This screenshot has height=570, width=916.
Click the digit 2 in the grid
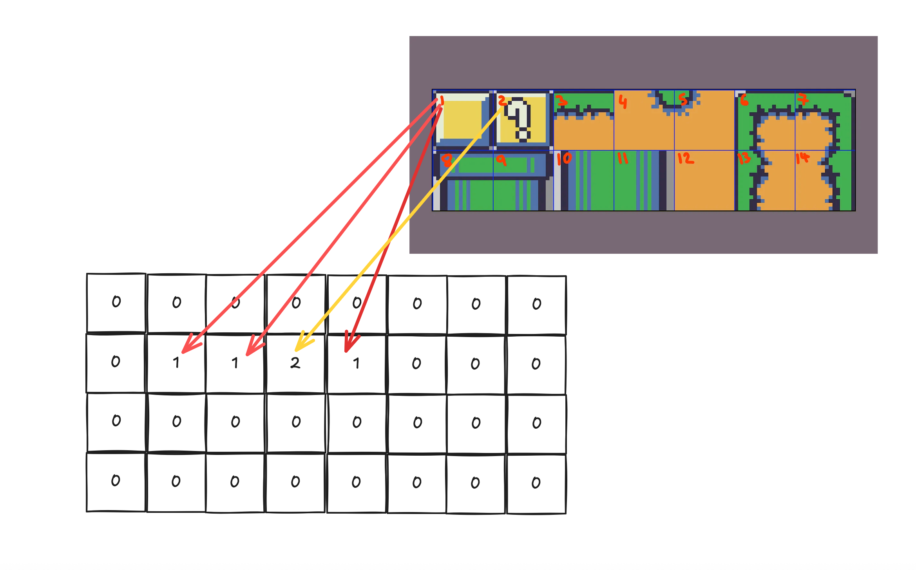(x=295, y=363)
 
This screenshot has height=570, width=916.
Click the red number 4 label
(x=623, y=102)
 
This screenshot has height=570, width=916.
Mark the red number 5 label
(x=683, y=99)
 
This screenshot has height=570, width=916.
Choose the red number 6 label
(x=744, y=100)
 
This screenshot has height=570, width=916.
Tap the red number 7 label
(x=803, y=99)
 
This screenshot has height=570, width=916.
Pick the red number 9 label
(x=501, y=160)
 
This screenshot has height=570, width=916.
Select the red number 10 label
(x=564, y=159)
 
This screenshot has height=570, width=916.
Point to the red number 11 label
(x=623, y=158)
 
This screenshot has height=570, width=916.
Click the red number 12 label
(x=686, y=158)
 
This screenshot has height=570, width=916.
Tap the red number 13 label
(x=744, y=158)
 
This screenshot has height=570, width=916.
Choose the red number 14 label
(x=802, y=158)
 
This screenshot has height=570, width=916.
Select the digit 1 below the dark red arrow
(x=356, y=363)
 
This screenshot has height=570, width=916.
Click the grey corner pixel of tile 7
(x=849, y=94)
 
